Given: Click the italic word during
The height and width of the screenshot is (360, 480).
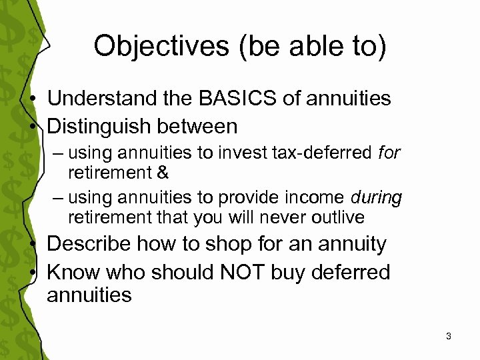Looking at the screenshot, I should click(377, 198).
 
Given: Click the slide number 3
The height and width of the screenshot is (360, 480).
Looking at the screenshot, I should click(449, 336).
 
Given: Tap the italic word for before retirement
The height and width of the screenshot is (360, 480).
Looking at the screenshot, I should click(389, 153).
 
